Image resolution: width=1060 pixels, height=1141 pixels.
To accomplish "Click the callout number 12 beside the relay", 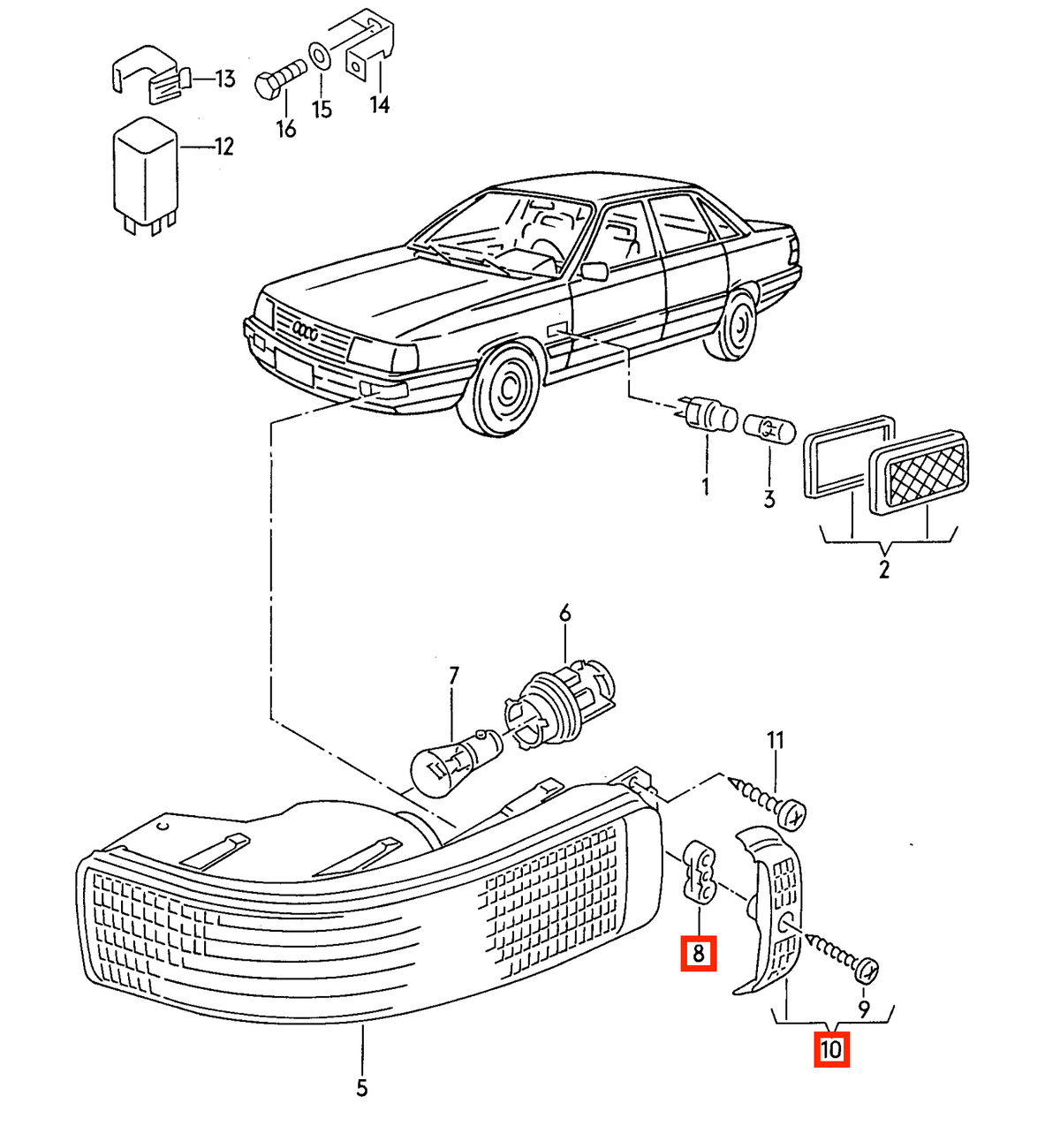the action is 224,147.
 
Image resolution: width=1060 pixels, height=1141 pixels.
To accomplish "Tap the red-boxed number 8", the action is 699,954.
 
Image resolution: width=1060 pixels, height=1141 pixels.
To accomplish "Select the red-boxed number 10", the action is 831,1050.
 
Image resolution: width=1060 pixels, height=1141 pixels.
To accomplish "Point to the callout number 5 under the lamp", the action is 361,1087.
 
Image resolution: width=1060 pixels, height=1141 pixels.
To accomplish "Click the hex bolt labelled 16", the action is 279,79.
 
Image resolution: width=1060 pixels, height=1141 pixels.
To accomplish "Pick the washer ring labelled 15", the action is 320,57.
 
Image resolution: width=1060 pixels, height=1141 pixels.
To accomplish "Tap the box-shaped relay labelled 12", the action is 146,175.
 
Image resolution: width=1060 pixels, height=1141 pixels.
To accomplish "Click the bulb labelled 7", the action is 456,762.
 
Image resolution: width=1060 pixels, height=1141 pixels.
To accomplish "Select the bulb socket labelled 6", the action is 558,707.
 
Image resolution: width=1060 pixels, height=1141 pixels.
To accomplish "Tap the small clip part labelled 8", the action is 699,872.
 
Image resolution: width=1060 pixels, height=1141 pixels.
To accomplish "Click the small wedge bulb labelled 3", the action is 769,430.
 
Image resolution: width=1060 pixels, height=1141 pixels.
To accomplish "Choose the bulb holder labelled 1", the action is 708,412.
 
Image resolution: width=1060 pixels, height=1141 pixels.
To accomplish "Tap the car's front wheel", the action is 499,388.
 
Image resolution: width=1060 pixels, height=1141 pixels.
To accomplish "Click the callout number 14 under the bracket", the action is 380,104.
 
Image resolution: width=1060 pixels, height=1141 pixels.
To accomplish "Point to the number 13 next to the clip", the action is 224,79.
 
